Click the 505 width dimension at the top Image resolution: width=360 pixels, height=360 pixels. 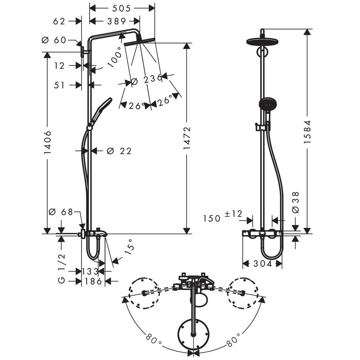click(121, 9)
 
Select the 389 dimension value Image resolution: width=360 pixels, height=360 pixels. click(117, 21)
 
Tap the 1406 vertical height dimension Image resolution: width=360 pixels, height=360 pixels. click(48, 142)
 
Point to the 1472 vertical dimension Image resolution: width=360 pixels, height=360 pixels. click(187, 138)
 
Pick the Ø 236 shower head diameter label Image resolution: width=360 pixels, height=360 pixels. click(147, 80)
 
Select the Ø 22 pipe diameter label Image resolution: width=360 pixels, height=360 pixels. click(119, 151)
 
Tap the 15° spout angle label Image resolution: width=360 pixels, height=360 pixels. click(129, 247)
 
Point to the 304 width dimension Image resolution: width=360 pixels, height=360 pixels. click(263, 264)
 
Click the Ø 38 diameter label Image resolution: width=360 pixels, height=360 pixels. click(296, 202)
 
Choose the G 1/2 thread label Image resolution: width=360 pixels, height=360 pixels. click(62, 269)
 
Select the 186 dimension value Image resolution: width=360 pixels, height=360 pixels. click(93, 281)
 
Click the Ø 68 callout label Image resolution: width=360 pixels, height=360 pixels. click(61, 212)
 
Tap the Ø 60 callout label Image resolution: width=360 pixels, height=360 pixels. click(54, 40)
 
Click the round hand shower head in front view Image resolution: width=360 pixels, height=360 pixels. click(268, 105)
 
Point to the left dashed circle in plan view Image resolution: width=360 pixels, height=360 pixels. click(144, 293)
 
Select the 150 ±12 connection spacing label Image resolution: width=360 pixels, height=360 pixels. click(222, 216)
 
